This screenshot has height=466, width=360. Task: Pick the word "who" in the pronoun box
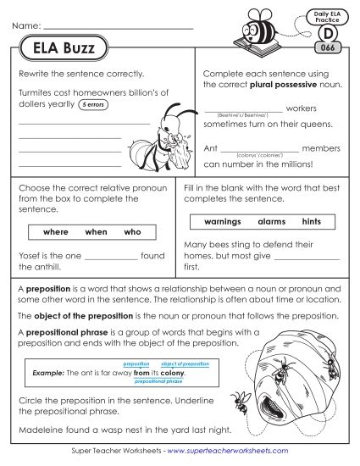pyautogui.click(x=132, y=231)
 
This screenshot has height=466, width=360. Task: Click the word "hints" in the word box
pyautogui.click(x=312, y=222)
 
